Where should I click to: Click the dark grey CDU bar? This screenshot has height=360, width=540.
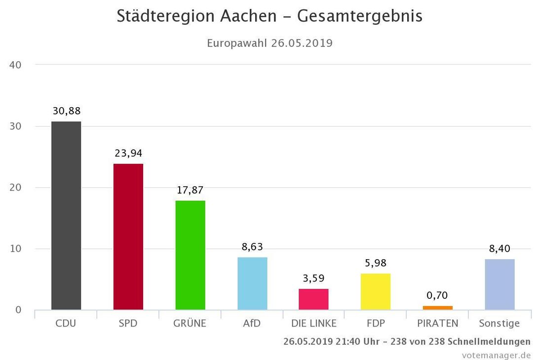[66, 215]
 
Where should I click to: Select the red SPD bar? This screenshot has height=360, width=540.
[128, 237]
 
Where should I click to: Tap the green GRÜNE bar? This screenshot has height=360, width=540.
[190, 255]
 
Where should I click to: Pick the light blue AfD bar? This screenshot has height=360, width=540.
[252, 283]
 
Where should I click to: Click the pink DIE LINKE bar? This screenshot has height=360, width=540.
[313, 299]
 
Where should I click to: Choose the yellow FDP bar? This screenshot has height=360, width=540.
[376, 291]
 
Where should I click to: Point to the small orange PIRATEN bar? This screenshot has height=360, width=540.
[437, 308]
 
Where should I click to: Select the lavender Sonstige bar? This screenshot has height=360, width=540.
[500, 284]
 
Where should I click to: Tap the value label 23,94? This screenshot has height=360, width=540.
[128, 154]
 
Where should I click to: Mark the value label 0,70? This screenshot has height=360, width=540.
[437, 296]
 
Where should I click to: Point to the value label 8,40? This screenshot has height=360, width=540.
[500, 248]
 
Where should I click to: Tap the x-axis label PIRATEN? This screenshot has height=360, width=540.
[437, 324]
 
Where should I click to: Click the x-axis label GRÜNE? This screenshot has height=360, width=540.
[190, 324]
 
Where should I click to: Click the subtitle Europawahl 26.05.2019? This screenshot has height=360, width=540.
[270, 43]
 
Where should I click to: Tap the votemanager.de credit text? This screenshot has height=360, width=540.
[496, 355]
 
